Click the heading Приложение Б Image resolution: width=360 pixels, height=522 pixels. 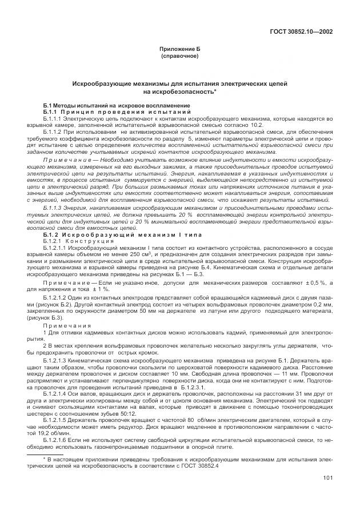click(x=180, y=51)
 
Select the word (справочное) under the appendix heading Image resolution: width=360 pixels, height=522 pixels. click(x=180, y=57)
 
